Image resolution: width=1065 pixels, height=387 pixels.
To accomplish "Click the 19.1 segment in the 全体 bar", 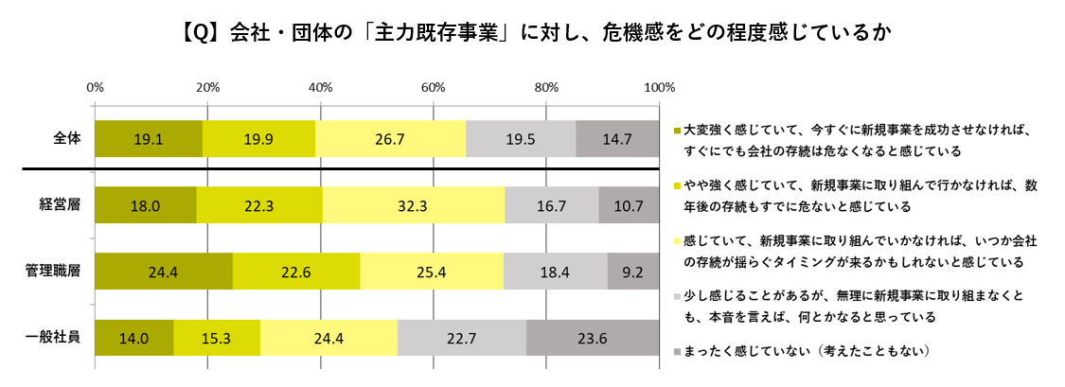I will click(x=148, y=139).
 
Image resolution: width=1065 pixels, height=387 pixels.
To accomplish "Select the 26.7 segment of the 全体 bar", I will click(x=390, y=139).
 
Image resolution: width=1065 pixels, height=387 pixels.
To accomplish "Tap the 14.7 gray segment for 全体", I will click(x=616, y=139).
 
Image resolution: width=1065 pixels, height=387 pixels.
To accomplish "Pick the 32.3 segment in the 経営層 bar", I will click(x=414, y=205).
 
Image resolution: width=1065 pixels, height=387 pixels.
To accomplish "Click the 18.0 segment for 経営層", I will click(x=145, y=205).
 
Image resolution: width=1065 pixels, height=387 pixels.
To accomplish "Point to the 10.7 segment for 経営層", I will click(x=629, y=205).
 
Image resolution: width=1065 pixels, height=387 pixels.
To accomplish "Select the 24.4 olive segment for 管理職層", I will click(x=163, y=272).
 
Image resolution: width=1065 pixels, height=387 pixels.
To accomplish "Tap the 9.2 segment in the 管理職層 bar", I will click(x=632, y=272).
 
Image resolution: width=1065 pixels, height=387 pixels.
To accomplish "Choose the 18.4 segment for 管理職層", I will click(x=555, y=272).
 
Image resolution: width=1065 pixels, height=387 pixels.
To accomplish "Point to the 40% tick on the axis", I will click(x=320, y=87).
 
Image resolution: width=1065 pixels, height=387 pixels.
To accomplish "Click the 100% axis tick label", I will click(x=657, y=87).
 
